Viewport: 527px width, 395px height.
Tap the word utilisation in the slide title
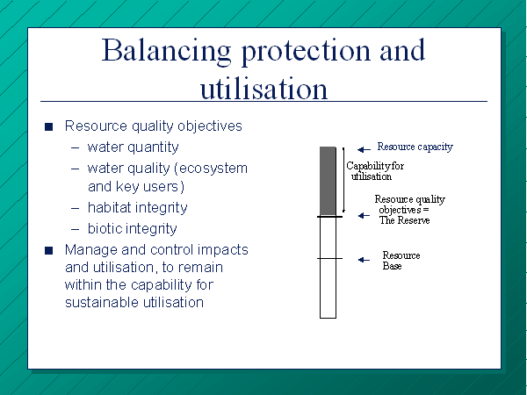pyautogui.click(x=263, y=88)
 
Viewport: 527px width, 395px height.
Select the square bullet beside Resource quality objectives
pyautogui.click(x=48, y=126)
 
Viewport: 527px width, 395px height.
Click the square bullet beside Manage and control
pyautogui.click(x=48, y=250)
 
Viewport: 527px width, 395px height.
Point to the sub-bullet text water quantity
pyautogui.click(x=134, y=147)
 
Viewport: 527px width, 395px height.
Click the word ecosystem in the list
pyautogui.click(x=213, y=168)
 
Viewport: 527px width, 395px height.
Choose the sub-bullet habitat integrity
pyautogui.click(x=138, y=207)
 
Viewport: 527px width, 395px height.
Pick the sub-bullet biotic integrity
pyautogui.click(x=132, y=229)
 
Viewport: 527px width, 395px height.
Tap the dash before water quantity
pyautogui.click(x=76, y=147)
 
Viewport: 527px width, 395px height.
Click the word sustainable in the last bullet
pyautogui.click(x=103, y=302)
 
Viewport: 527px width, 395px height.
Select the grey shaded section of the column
pyautogui.click(x=328, y=181)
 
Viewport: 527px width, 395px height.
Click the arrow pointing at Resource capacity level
pyautogui.click(x=364, y=149)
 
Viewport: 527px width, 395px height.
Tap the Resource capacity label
pyautogui.click(x=415, y=147)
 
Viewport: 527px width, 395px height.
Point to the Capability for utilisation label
pyautogui.click(x=375, y=171)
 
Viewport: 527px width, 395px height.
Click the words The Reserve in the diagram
pyautogui.click(x=405, y=220)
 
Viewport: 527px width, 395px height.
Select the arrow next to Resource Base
pyautogui.click(x=364, y=260)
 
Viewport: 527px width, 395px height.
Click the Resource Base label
pyautogui.click(x=401, y=261)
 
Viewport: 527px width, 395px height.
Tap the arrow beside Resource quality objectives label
pyautogui.click(x=364, y=215)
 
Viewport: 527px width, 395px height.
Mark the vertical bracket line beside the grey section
pyautogui.click(x=343, y=180)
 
